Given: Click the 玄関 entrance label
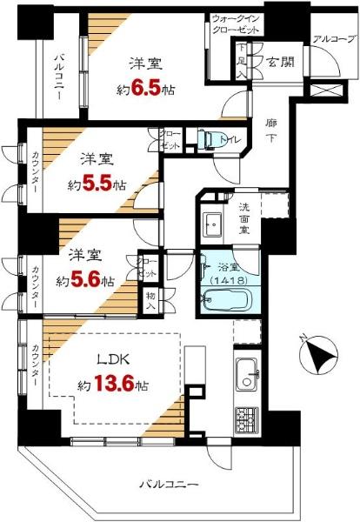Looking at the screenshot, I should [279, 63].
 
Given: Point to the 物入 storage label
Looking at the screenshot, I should [150, 300].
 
